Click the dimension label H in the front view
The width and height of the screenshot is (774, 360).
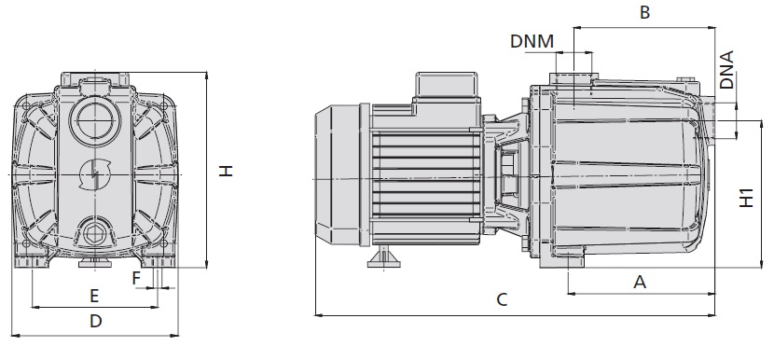(x=226, y=171)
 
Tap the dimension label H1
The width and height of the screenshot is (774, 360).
(x=746, y=198)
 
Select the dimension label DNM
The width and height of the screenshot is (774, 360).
(x=532, y=41)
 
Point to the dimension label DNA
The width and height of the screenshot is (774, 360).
(x=726, y=70)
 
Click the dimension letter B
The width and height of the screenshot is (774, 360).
(x=644, y=12)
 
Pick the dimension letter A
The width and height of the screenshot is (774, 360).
(x=640, y=282)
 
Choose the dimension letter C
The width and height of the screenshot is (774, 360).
(x=502, y=299)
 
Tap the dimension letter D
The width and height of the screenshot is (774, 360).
(x=96, y=321)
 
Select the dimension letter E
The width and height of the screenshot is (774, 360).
(x=94, y=296)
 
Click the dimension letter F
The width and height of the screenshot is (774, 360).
(x=137, y=279)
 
